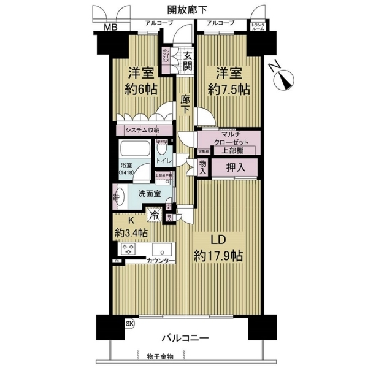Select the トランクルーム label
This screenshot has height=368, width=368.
click(258, 25)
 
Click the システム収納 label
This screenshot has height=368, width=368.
click(142, 130)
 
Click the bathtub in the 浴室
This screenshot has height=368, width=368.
click(134, 150)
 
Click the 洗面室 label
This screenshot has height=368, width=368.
click(149, 194)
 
